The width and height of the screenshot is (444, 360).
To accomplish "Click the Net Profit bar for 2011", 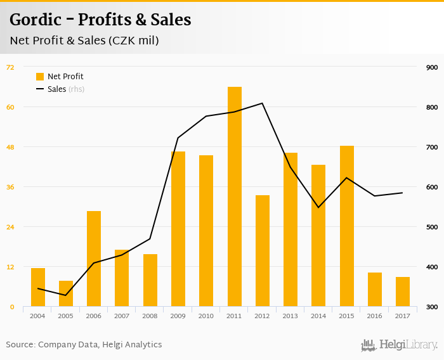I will click(x=235, y=196).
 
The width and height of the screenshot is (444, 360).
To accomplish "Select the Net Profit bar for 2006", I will click(x=94, y=259).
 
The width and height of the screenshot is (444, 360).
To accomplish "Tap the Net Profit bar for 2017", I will click(x=403, y=292).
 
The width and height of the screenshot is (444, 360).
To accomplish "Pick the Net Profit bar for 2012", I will click(x=263, y=251).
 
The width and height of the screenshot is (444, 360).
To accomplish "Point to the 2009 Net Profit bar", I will click(x=178, y=229).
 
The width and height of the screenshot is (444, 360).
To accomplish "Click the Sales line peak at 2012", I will click(x=262, y=103).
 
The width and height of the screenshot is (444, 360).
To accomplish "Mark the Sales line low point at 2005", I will click(x=66, y=295).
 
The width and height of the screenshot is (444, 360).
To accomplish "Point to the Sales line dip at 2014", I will click(x=318, y=207).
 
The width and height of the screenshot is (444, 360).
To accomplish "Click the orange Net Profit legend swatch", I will click(x=40, y=77).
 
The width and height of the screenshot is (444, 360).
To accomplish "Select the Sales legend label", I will click(x=56, y=89).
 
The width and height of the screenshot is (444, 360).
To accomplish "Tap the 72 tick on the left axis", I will click(x=10, y=67).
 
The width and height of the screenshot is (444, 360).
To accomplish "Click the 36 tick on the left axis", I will click(x=10, y=187).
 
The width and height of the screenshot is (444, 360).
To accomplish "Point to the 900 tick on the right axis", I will click(x=432, y=68).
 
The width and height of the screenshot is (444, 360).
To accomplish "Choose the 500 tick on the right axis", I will click(x=432, y=228).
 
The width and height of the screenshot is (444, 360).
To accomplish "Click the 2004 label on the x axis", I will click(x=37, y=316).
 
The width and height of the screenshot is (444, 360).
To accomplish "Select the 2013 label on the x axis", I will click(x=291, y=316).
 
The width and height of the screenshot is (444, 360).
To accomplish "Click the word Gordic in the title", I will click(x=36, y=20).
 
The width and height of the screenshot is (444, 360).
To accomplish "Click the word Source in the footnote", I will click(x=19, y=345).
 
